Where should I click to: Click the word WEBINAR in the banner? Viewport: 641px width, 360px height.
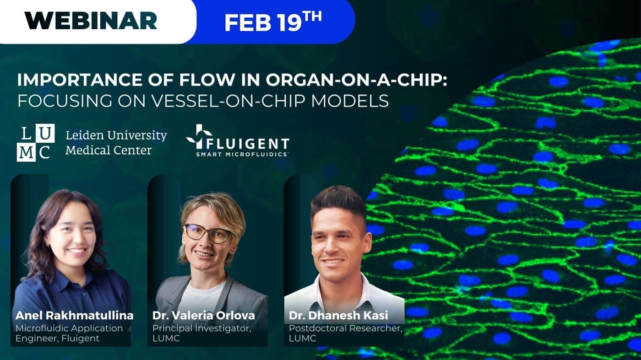point(91,21)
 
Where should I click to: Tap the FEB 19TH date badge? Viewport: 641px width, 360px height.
point(272,21)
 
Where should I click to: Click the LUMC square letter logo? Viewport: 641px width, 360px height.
point(36,142)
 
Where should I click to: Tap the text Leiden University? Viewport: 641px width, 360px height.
point(116,135)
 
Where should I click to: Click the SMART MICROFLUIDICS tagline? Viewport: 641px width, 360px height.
point(242,155)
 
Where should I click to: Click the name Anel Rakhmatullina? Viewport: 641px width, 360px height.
point(74,316)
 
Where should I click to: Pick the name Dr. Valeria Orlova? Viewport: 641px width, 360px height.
point(204,316)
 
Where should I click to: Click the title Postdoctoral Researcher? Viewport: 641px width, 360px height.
point(345,328)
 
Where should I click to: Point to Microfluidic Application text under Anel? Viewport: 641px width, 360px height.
point(69,328)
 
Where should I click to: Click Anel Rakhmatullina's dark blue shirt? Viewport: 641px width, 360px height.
point(69,293)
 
